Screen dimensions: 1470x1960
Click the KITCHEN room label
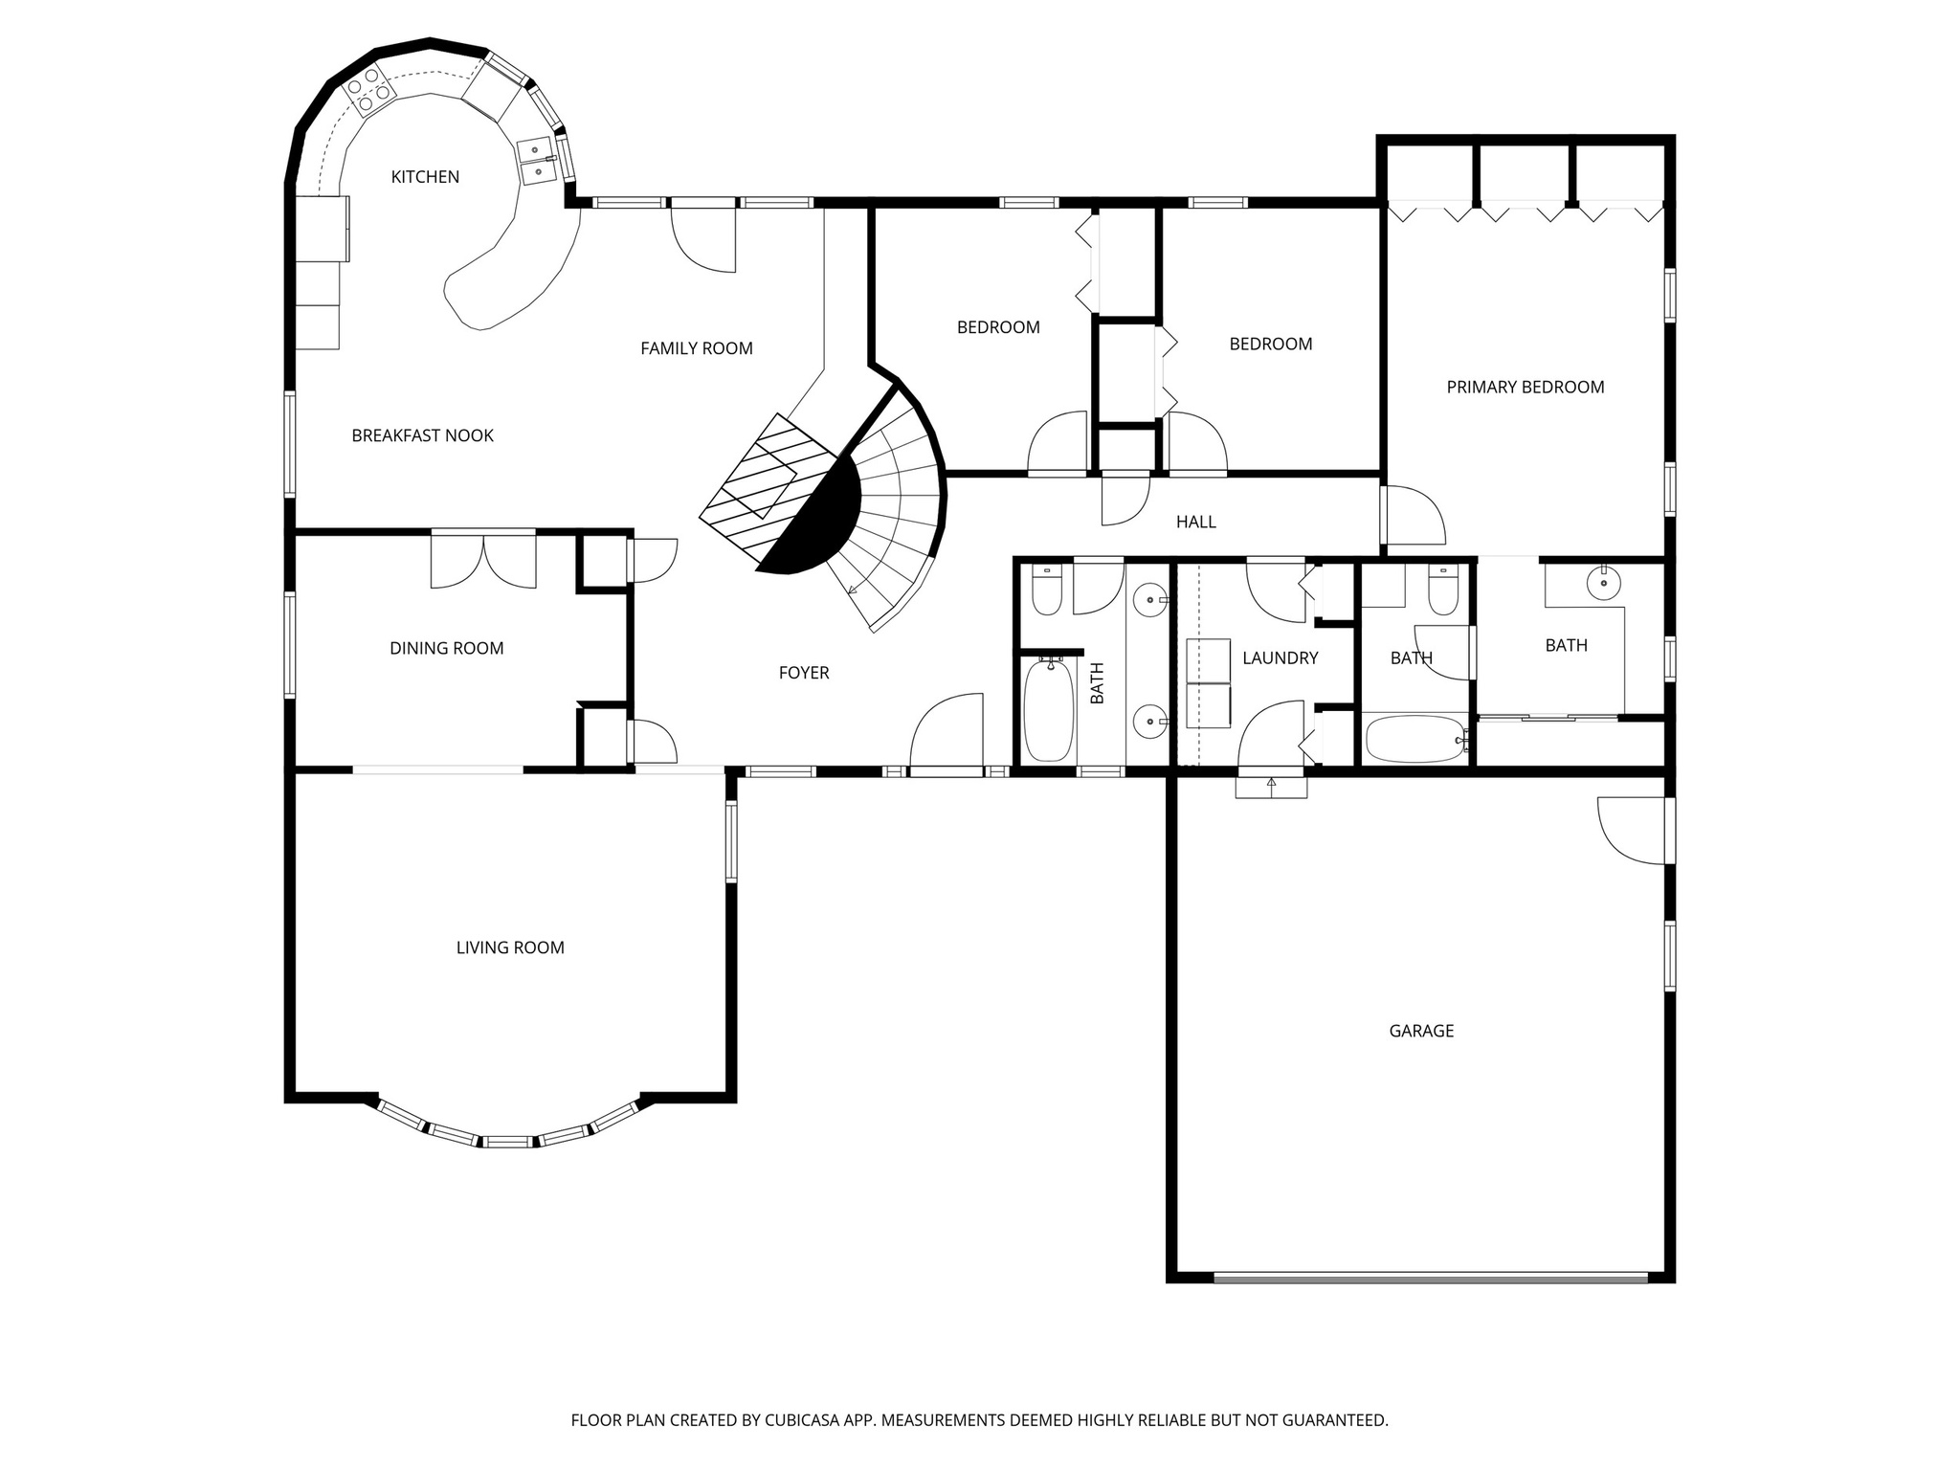425,177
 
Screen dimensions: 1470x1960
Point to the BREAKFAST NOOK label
422,435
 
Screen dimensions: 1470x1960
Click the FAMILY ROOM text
696,348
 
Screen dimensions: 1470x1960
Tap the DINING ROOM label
446,648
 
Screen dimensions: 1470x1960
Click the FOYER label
803,673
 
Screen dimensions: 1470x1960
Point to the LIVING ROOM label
510,947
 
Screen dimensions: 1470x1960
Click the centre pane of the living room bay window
507,1141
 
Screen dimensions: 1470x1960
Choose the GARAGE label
1421,1031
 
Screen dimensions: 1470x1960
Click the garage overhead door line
1430,1277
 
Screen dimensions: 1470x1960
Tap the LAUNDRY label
1280,658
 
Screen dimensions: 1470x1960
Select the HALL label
1195,522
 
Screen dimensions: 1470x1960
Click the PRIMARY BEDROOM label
1525,387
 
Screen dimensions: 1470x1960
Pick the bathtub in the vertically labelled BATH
1049,710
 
